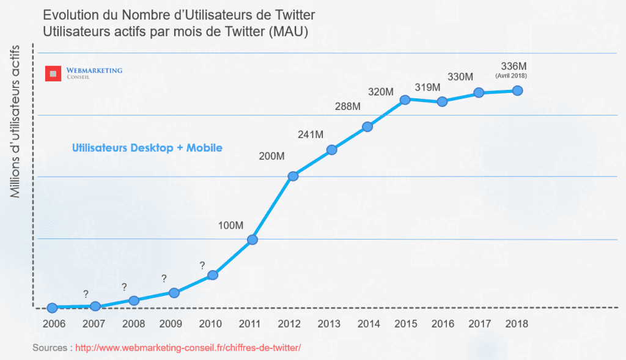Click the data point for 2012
(293, 177)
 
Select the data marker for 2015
(405, 99)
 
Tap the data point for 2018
(517, 90)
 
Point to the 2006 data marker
(52, 308)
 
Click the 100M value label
(230, 226)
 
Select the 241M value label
(311, 134)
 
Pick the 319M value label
(427, 87)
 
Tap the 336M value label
(511, 66)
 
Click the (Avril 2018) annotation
(511, 76)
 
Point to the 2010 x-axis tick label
(210, 324)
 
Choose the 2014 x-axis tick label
(369, 324)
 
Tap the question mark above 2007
(86, 294)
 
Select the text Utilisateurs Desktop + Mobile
(147, 148)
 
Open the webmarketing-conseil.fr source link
(188, 348)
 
